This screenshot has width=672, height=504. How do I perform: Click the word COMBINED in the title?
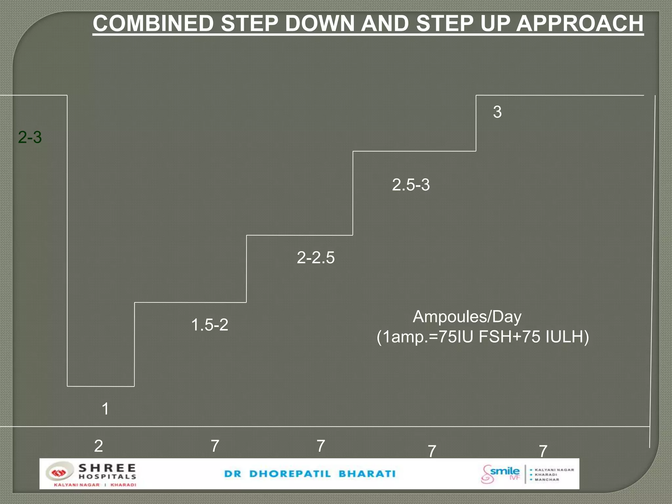pos(153,24)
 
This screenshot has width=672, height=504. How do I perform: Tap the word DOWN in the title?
pos(320,24)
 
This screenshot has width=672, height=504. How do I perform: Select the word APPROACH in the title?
pos(580,24)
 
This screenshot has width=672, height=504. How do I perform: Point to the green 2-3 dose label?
pos(30,137)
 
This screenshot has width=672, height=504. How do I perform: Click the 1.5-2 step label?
pos(210,325)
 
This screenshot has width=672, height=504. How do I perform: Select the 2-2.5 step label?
pos(316,258)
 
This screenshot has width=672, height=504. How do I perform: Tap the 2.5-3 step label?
pos(411,185)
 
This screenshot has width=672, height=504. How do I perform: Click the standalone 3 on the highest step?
pos(497,112)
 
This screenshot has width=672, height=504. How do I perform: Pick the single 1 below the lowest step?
pos(105,409)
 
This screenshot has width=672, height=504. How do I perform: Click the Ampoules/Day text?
pos(467,317)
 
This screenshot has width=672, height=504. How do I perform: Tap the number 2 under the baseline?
pos(98,446)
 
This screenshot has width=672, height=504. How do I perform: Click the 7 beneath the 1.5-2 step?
pos(215,446)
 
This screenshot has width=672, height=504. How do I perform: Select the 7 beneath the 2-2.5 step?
pos(321,446)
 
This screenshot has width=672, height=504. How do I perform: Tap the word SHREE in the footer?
pos(107,468)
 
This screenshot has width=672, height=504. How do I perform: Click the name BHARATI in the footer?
pos(367,474)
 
